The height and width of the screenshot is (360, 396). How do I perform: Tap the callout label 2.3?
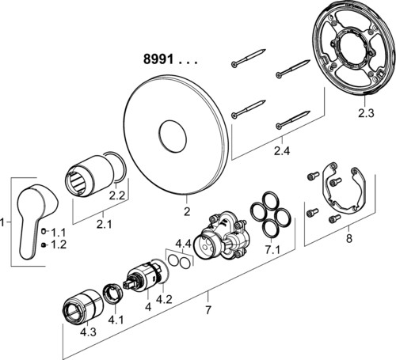[366, 113]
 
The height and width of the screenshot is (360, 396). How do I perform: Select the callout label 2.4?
[282, 151]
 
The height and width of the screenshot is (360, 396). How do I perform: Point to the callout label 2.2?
[116, 195]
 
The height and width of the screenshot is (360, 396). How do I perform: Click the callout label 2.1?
[104, 224]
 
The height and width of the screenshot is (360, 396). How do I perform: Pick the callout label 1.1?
[59, 233]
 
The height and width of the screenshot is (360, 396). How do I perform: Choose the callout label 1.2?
[59, 244]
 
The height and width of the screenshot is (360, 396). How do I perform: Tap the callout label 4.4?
[183, 244]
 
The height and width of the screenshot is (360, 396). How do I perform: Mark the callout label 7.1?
[272, 250]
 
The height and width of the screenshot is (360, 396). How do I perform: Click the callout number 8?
[349, 239]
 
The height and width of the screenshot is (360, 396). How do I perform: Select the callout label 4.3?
[88, 332]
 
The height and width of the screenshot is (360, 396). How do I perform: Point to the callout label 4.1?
[116, 320]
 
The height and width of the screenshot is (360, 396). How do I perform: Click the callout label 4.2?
[164, 299]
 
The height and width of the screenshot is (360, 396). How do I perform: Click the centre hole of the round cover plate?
[173, 136]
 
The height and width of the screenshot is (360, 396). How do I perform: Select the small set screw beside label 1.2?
[44, 245]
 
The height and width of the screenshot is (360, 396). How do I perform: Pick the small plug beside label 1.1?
[44, 232]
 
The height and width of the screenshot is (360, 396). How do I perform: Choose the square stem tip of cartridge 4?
[127, 285]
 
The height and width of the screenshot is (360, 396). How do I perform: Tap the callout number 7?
[208, 310]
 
